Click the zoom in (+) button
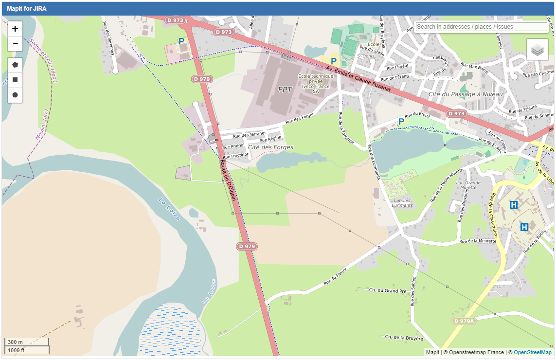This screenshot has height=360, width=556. coord(15,29)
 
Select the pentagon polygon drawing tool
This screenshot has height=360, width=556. coord(15,65)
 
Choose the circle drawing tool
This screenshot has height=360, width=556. coord(15,95)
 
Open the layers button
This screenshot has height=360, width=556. coord(537,50)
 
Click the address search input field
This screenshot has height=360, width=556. coord(481,27)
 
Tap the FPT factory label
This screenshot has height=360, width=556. coord(285,90)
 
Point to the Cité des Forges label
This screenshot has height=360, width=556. coord(270,147)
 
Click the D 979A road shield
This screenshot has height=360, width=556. coord(463,321)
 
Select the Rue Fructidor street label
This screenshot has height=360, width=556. coord(236,155)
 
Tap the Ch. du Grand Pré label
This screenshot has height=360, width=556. coord(387,290)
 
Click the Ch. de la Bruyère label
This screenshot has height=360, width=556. coord(404,338)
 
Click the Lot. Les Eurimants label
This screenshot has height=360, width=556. coord(402,202)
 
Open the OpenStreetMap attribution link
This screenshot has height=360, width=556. coord(533,352)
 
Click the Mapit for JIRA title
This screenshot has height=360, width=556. coord(27,9)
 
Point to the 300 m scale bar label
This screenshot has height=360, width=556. coord(15,342)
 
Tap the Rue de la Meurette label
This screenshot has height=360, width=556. coord(477,241)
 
